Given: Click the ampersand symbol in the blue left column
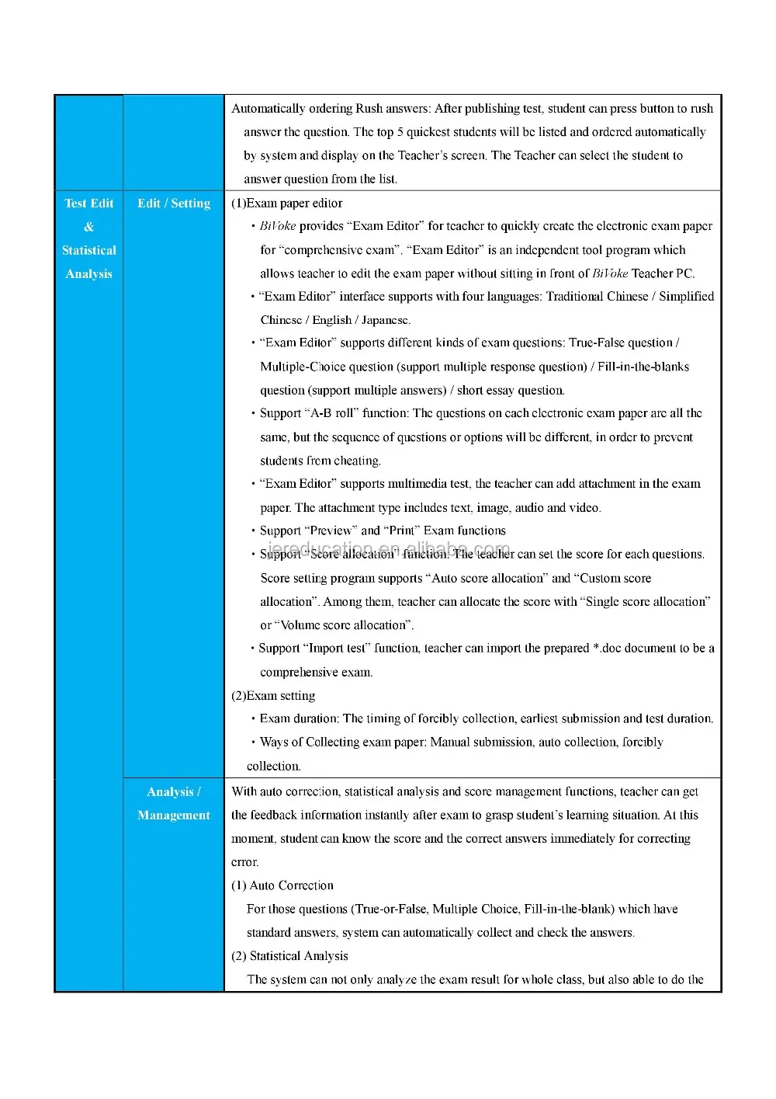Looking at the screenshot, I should [88, 227].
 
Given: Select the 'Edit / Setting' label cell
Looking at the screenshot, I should [174, 203].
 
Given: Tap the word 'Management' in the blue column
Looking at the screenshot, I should [174, 816].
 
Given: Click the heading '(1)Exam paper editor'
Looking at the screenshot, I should [286, 203].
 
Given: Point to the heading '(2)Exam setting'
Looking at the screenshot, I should [273, 696].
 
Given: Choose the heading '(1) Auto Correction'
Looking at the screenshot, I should [282, 885].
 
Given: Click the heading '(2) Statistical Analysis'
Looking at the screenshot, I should [289, 956].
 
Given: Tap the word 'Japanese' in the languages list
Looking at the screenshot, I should [385, 320].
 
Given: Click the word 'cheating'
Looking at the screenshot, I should [356, 461].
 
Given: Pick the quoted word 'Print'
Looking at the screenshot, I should [402, 531].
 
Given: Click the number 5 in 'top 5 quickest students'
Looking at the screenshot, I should [400, 132].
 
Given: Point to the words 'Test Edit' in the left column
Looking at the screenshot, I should [88, 203].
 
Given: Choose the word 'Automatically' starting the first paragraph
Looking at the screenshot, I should [268, 109].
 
